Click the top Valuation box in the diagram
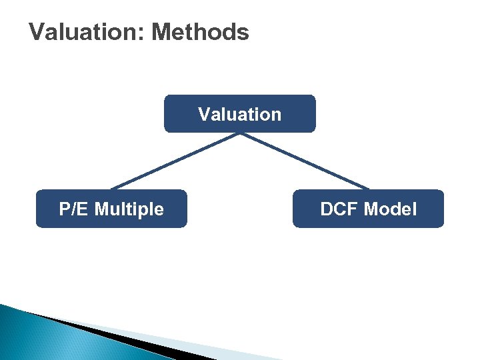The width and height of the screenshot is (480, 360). point(239,114)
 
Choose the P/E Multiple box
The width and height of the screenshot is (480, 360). point(111,209)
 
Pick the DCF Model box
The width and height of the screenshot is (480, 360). point(368,209)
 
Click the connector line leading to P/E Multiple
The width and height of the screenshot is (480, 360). point(175,161)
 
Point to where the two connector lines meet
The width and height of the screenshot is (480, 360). point(240,133)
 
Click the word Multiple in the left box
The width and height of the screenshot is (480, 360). point(129,209)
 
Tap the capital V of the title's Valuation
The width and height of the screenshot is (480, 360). point(38,32)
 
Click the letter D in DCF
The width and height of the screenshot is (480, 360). point(326,209)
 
